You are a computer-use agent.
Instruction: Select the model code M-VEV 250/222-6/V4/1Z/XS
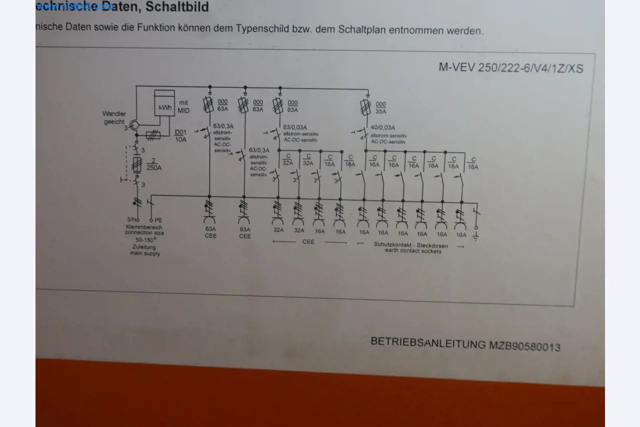coord(510,67)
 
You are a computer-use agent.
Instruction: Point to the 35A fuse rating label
coord(381,108)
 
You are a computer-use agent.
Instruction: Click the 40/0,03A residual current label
coord(382,127)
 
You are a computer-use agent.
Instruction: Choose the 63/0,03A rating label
coord(295,127)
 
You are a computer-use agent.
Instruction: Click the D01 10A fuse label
coord(180,136)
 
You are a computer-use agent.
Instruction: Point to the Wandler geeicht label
coord(114,118)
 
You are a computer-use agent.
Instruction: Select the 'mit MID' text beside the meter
coord(183,106)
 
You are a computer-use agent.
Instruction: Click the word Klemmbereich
coord(144,226)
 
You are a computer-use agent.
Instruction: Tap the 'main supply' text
coord(145,253)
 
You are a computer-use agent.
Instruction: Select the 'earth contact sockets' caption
coord(413,251)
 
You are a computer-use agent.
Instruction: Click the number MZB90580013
coord(524,346)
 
